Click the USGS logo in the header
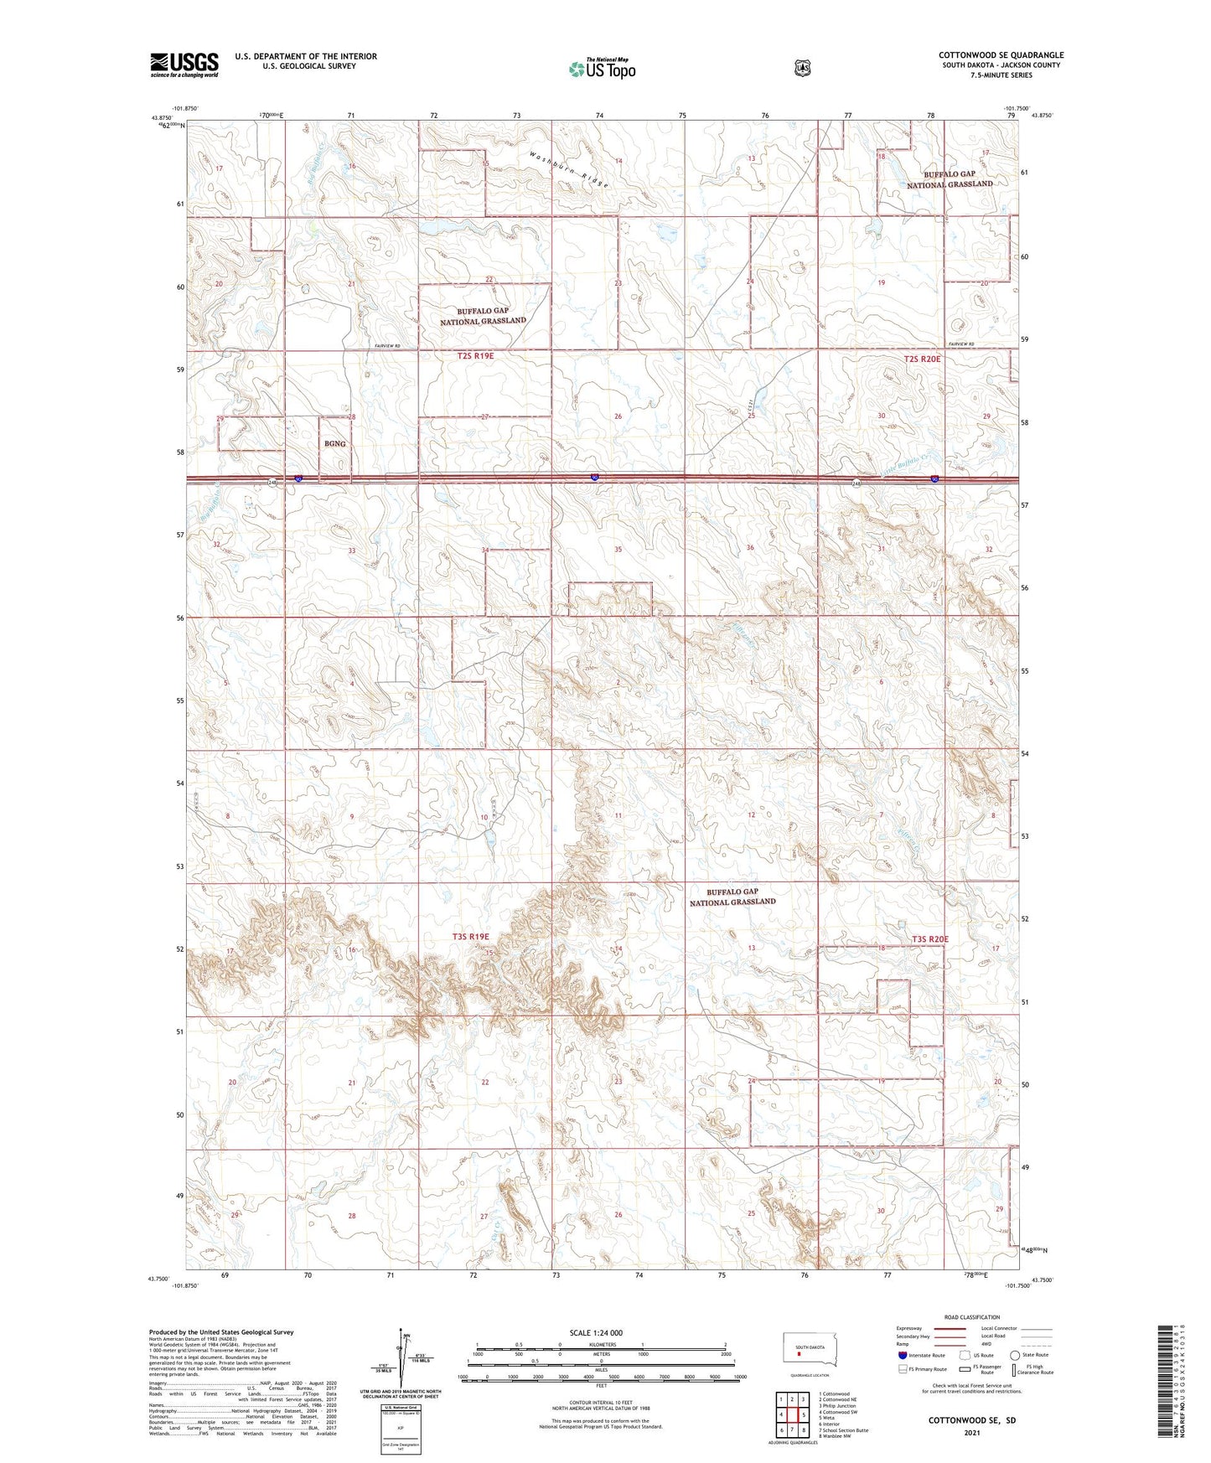[184, 65]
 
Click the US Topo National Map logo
[602, 69]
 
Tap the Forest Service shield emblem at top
[803, 68]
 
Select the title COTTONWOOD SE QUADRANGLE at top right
[1001, 55]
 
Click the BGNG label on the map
[335, 443]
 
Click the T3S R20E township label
[929, 939]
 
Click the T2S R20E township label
[922, 359]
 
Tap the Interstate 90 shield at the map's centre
[594, 478]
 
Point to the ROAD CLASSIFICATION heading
[971, 1317]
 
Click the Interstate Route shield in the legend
[903, 1355]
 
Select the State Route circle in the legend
[1015, 1355]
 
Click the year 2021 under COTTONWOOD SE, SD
[971, 1433]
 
